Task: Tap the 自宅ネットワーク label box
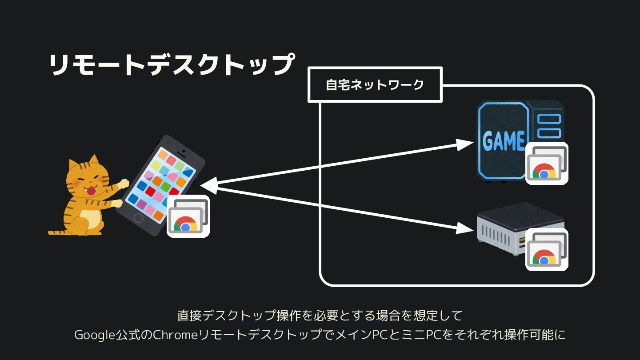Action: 375,84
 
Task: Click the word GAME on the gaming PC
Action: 504,141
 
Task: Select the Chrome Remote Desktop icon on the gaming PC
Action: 547,164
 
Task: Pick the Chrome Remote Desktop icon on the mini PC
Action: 547,250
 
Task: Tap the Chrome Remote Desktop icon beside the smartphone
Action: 188,216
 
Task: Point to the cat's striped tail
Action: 62,231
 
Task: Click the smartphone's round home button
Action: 139,218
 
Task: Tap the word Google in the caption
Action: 91,334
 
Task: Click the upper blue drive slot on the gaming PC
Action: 549,119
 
